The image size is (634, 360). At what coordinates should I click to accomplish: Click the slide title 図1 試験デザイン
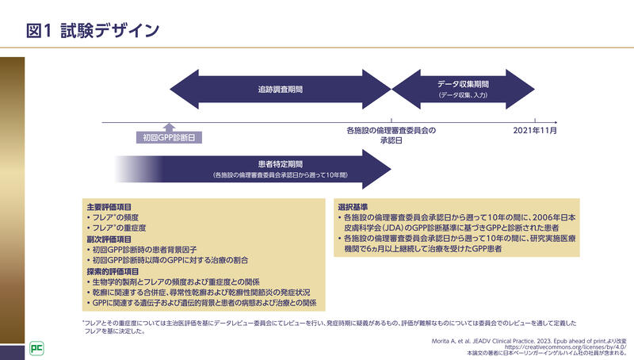pyautogui.click(x=93, y=31)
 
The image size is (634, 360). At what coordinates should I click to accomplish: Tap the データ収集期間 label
pyautogui.click(x=463, y=83)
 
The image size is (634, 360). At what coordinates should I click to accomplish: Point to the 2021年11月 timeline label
pyautogui.click(x=535, y=130)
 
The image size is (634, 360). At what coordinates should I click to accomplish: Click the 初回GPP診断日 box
pyautogui.click(x=168, y=137)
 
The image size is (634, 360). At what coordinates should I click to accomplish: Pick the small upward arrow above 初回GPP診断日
pyautogui.click(x=168, y=127)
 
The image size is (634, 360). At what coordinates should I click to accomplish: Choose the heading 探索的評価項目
pyautogui.click(x=113, y=271)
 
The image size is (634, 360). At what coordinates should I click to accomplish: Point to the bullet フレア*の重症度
pyautogui.click(x=120, y=228)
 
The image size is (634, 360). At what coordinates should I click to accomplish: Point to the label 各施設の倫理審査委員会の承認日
pyautogui.click(x=391, y=135)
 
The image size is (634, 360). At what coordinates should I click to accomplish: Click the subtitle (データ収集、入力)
pyautogui.click(x=463, y=95)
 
